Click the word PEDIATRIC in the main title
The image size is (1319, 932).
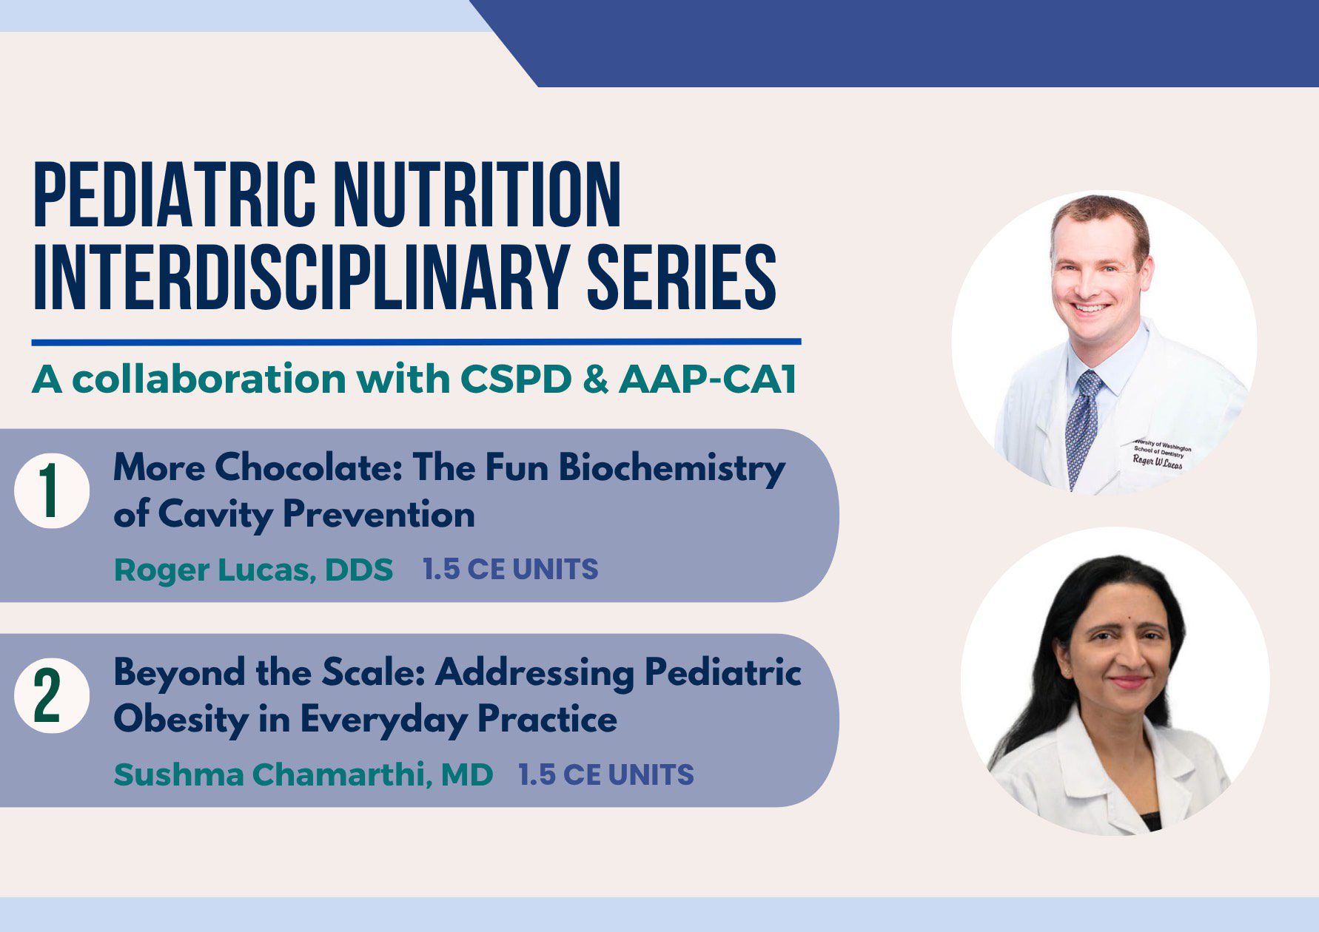coord(175,194)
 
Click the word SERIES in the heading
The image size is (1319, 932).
coord(682,277)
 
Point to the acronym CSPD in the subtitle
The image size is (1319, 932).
coord(516,379)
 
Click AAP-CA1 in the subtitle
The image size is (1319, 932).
coord(708,379)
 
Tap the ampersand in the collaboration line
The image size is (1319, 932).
coord(596,379)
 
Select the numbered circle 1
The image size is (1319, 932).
coord(52,490)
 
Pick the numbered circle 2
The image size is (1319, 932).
coord(52,695)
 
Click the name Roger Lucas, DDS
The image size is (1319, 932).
coord(254,570)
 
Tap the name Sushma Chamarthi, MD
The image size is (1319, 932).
coord(303,775)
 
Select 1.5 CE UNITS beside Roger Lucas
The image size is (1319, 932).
coord(511,570)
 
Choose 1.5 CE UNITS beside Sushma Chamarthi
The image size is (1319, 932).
coord(606,774)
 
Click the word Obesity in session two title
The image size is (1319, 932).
coord(181,720)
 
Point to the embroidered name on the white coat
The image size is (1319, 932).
coord(1158,462)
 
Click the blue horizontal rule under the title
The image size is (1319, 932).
coord(416,342)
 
